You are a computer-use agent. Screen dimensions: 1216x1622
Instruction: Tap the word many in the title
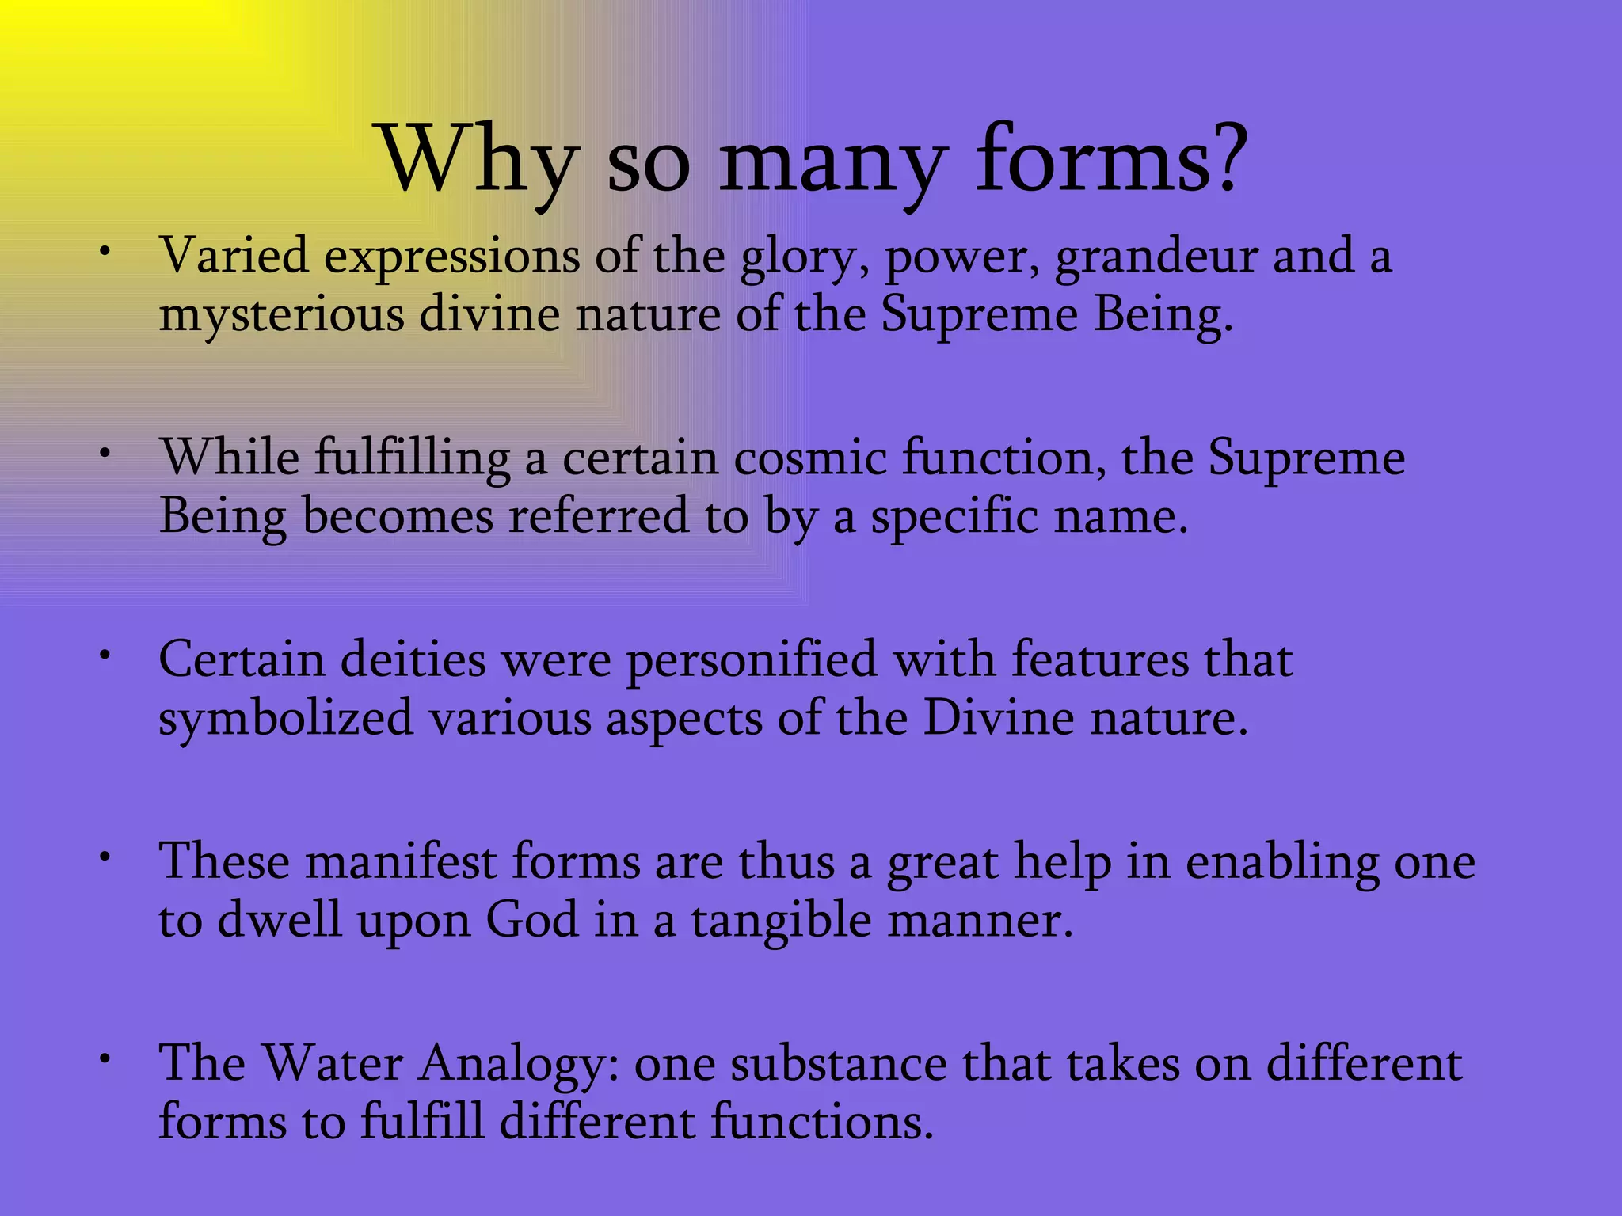(x=831, y=162)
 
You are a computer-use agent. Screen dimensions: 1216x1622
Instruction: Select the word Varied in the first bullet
(x=234, y=256)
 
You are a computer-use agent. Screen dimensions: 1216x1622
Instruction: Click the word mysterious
(x=281, y=315)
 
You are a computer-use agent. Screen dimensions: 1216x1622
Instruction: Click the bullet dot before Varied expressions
(x=104, y=252)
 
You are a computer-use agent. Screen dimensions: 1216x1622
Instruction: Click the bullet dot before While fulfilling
(x=104, y=454)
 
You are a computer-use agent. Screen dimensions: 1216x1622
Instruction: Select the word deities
(x=413, y=659)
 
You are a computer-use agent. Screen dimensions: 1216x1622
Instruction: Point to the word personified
(x=752, y=661)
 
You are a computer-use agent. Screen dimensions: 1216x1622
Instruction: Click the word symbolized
(x=286, y=719)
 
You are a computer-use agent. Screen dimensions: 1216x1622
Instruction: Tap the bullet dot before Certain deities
(x=104, y=655)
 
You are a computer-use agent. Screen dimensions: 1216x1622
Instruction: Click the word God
(x=531, y=921)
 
